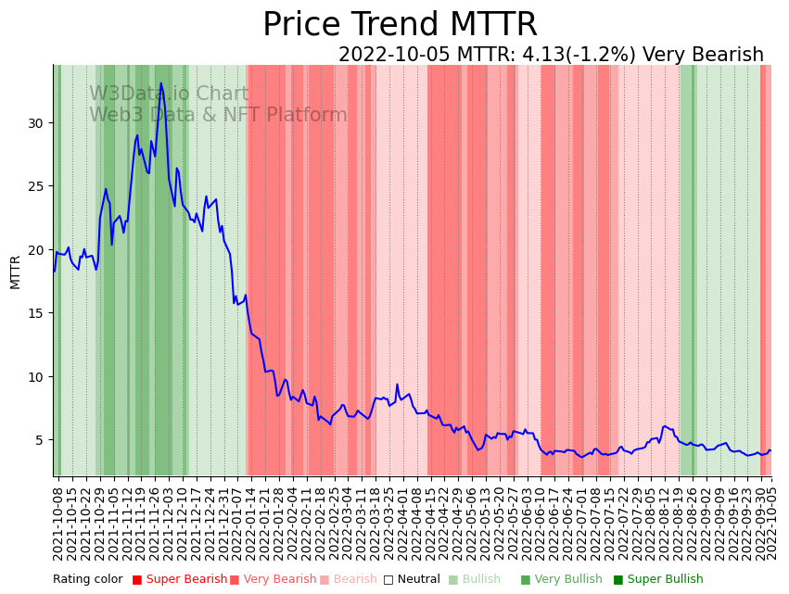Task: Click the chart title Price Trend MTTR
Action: click(x=400, y=24)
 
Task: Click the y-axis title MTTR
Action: click(x=16, y=272)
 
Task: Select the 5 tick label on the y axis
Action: click(x=41, y=440)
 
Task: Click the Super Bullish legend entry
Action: click(x=657, y=580)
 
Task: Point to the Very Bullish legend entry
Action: click(x=560, y=580)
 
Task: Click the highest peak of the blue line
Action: click(x=160, y=84)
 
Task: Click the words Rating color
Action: click(x=87, y=580)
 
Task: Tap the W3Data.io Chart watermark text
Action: click(x=169, y=95)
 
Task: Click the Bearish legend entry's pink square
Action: click(x=325, y=580)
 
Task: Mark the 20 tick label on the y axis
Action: click(x=37, y=250)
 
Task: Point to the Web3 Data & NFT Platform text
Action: click(x=218, y=115)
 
